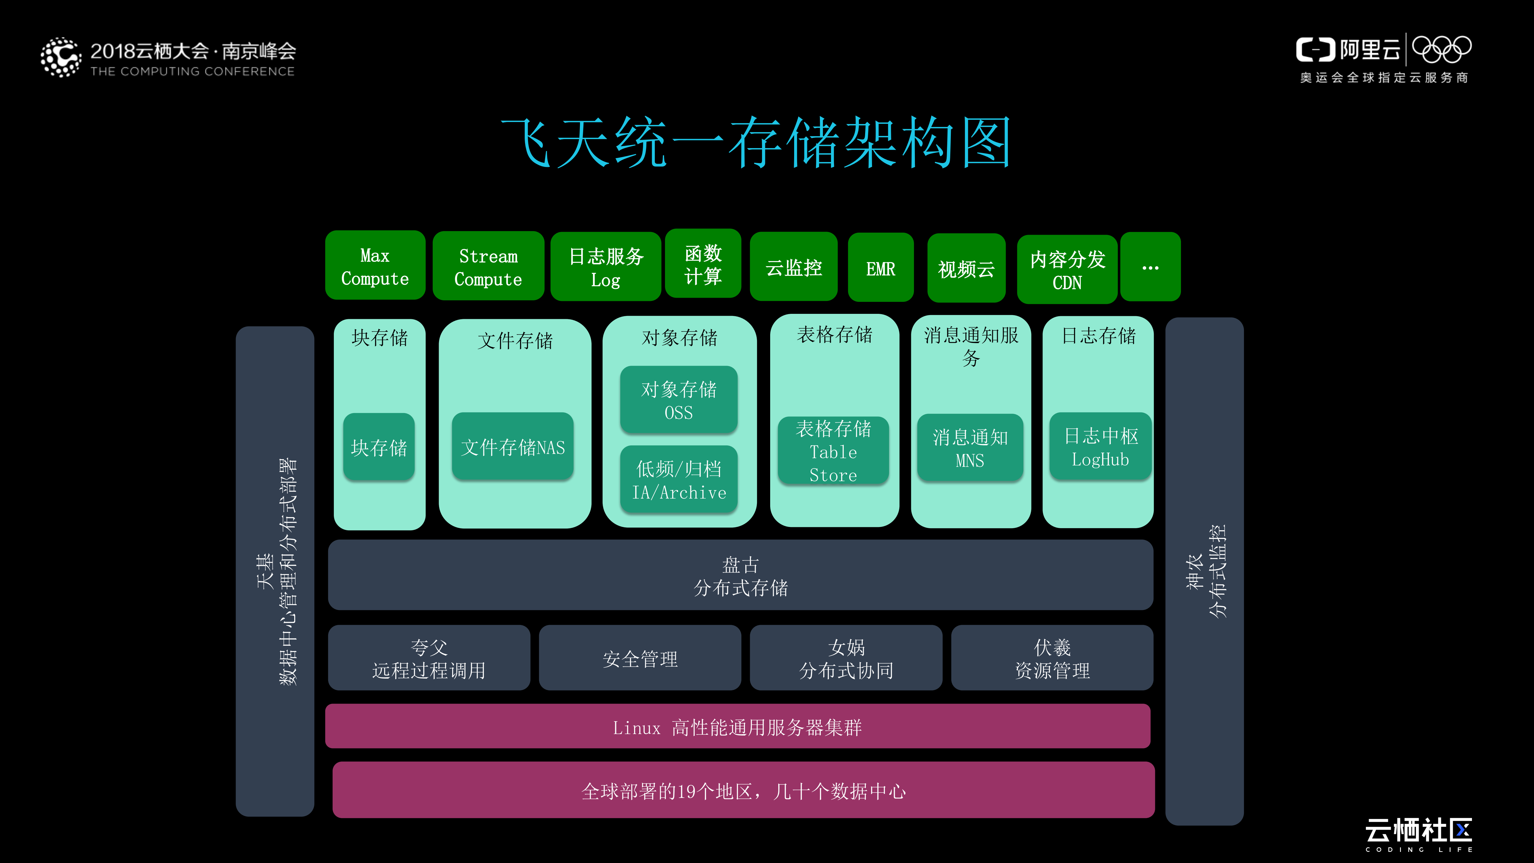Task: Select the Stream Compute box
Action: point(488,266)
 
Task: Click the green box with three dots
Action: point(1150,267)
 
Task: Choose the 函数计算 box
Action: point(703,264)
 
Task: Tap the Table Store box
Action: point(833,451)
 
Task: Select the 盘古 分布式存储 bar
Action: point(740,575)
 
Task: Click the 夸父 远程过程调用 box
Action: point(429,658)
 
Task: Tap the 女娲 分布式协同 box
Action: point(846,658)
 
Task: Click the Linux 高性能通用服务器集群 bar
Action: point(737,727)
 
